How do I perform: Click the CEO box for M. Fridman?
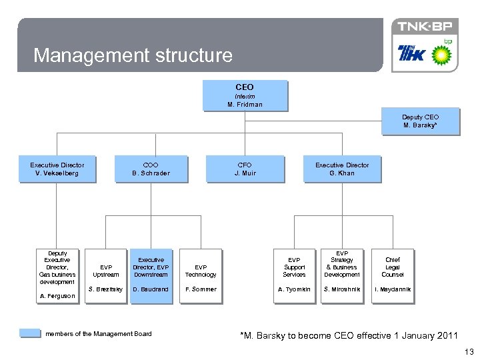(x=245, y=95)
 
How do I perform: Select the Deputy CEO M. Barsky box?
(x=420, y=121)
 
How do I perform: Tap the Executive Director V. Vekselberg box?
(x=57, y=169)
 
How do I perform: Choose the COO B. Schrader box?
(x=151, y=169)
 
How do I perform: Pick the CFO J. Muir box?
(x=245, y=169)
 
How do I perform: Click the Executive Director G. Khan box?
(x=342, y=169)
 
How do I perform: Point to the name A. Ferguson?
(x=57, y=296)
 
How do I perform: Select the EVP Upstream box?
(x=106, y=271)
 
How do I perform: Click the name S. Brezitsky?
(x=106, y=289)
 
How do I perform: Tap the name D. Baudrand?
(x=151, y=289)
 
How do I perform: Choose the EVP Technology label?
(x=201, y=271)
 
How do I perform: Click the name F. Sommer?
(x=201, y=289)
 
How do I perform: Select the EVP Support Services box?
(x=294, y=267)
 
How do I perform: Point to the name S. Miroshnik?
(x=342, y=289)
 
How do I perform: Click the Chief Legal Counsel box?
(x=393, y=267)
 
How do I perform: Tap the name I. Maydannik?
(x=393, y=289)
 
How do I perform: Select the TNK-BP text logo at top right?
(x=425, y=27)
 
